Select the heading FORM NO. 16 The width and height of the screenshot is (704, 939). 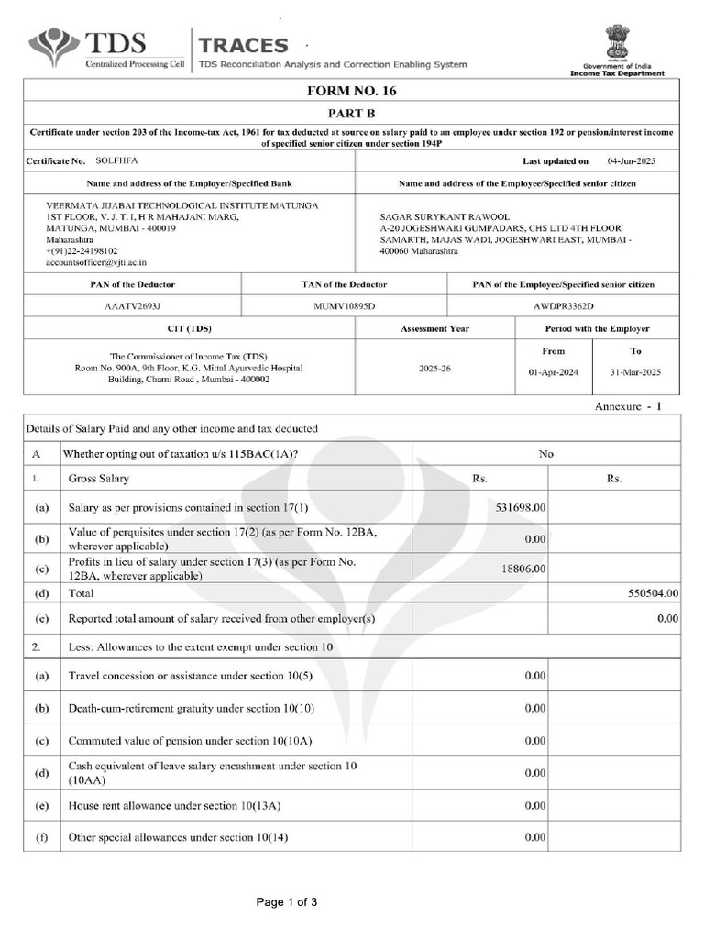(x=352, y=92)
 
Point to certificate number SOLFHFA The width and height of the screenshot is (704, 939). (x=116, y=160)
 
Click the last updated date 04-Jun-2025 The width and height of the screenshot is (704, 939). (x=632, y=160)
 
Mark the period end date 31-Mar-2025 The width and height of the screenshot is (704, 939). (x=635, y=373)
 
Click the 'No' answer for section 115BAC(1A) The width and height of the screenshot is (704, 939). (x=546, y=453)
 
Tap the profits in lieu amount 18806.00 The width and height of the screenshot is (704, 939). (x=523, y=569)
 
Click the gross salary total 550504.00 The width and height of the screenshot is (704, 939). (x=652, y=593)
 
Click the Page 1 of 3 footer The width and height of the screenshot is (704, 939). (x=287, y=902)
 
